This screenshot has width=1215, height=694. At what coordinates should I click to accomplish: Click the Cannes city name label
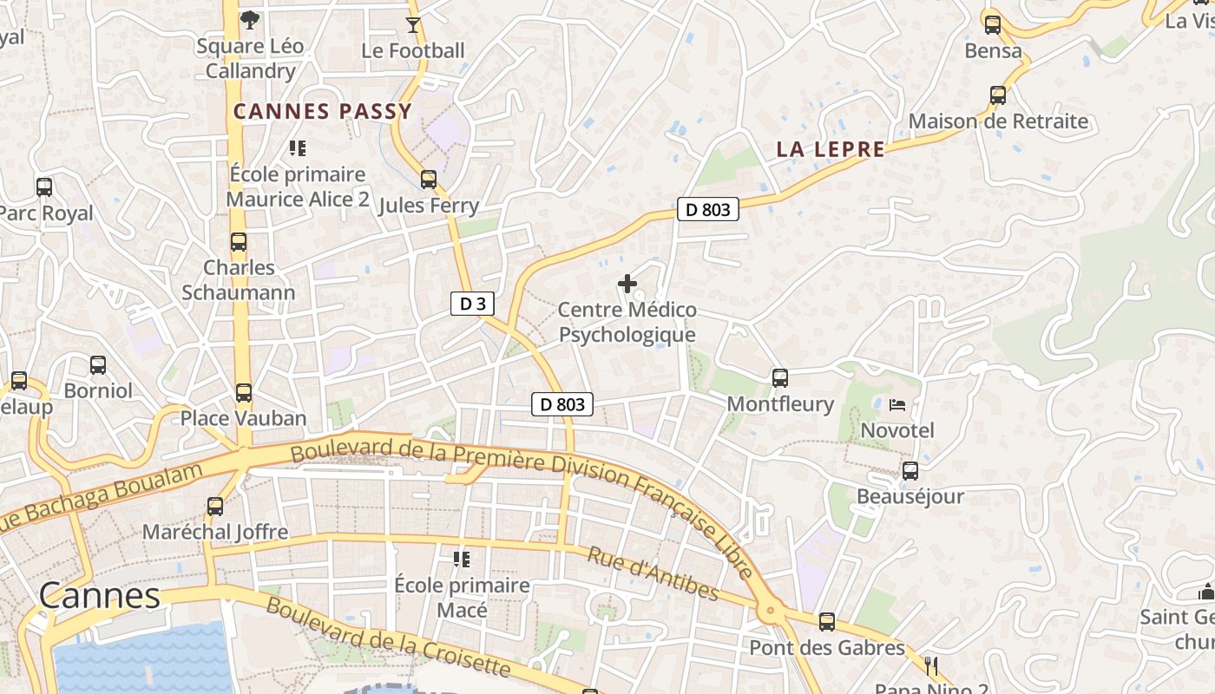pos(100,596)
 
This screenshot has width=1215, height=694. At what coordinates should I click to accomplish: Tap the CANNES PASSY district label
pos(322,112)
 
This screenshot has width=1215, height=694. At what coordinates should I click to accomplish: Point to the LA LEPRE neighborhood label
pos(831,150)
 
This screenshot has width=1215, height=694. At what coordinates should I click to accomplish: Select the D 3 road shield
pos(473,304)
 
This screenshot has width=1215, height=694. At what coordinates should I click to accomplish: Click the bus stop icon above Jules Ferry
pos(429,180)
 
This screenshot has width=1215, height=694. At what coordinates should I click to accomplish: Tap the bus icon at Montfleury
pos(780,378)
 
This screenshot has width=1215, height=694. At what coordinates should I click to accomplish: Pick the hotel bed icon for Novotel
pos(897,405)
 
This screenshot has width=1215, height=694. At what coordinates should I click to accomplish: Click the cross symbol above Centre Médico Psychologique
pos(627,284)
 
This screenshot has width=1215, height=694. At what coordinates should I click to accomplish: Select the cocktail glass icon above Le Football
pos(413,25)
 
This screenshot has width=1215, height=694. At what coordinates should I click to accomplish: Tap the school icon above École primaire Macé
pos(461,560)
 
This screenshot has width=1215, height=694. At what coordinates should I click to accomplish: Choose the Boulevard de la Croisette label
pos(388,637)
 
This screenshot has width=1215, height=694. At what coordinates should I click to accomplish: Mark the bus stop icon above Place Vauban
pos(244,393)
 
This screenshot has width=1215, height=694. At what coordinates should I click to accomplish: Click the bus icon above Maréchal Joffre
pos(215,507)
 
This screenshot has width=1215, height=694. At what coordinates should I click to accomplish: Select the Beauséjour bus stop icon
pos(910,471)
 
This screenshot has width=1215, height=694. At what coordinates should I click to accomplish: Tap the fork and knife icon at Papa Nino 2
pos(932,666)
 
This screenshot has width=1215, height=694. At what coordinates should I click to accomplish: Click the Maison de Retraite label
pos(998,121)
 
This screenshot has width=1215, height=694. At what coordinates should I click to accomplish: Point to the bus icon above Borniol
pos(98,365)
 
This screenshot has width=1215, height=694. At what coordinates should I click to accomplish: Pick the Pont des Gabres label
pos(826,648)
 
